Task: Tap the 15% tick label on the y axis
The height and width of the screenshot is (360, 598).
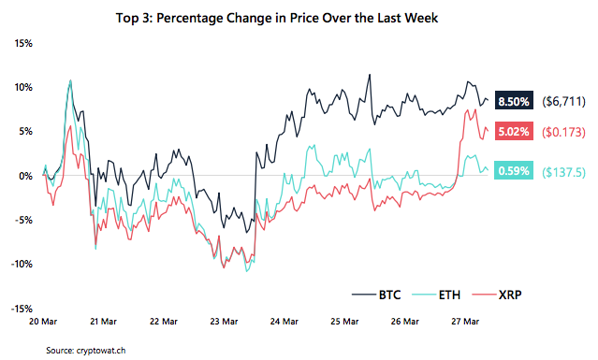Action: (22, 43)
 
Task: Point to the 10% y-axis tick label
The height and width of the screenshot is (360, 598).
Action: (22, 87)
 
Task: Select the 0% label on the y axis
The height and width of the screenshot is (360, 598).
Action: (25, 175)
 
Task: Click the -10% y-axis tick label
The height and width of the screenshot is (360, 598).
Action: (21, 264)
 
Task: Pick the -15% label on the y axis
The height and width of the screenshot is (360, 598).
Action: (21, 308)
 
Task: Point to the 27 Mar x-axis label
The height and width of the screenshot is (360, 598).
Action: (471, 321)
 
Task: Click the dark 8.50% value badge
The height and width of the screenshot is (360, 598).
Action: (514, 100)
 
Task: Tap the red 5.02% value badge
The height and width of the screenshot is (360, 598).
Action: (514, 132)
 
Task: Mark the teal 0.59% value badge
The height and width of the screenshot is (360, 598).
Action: (514, 171)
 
